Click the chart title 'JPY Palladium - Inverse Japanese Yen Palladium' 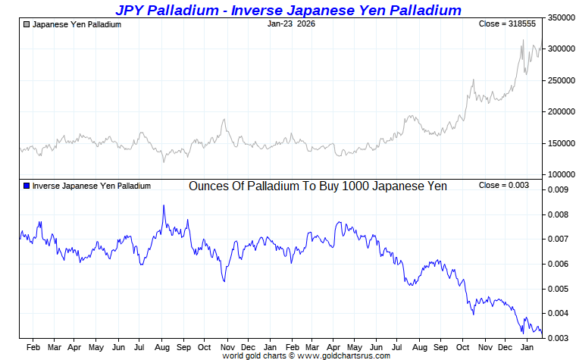pos(287,10)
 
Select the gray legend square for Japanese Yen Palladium pos(27,24)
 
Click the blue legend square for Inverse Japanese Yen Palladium pos(27,186)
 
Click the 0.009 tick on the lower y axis pos(557,190)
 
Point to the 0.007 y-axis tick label pos(557,239)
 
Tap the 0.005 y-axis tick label pos(557,289)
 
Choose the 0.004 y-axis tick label pos(557,313)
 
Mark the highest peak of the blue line pos(163,205)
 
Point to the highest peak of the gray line pos(523,40)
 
